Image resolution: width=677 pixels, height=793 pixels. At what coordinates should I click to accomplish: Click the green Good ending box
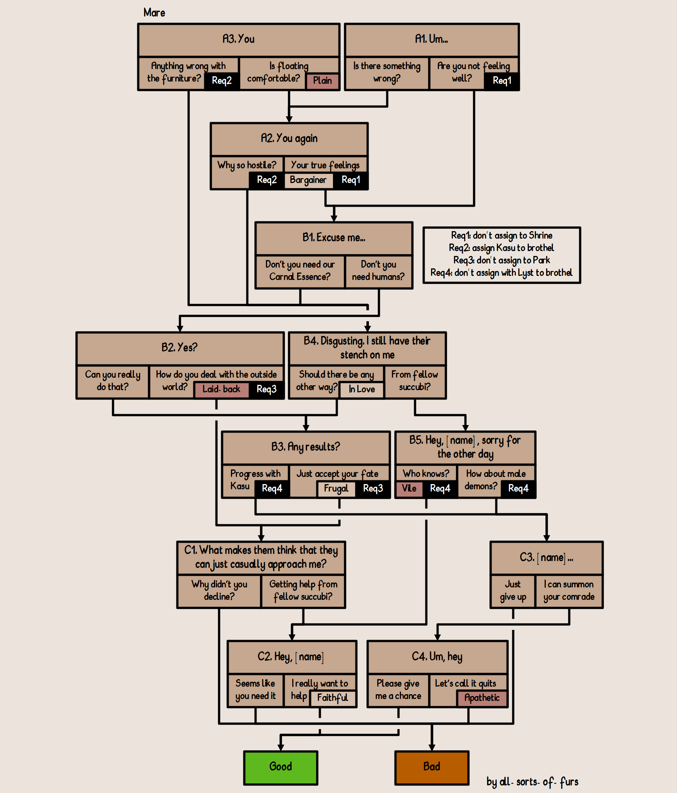[x=281, y=767]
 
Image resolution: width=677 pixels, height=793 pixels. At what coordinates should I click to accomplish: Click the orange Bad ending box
[x=431, y=767]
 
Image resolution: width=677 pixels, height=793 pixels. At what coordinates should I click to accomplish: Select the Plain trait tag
[x=322, y=81]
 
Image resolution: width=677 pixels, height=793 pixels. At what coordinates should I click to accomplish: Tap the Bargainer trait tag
[x=308, y=180]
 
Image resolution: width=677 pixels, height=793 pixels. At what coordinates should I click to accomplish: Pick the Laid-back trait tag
[x=221, y=389]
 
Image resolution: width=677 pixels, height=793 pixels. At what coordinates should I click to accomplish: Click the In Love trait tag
[x=361, y=389]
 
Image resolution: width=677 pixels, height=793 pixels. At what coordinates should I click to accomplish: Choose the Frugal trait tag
[x=336, y=488]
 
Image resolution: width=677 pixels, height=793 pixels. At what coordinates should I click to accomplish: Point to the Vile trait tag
[x=409, y=488]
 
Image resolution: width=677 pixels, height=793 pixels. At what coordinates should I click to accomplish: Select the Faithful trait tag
[x=332, y=698]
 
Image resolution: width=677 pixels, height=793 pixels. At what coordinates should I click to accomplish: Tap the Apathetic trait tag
[x=482, y=698]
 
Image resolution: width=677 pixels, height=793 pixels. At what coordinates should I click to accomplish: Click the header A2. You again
[x=289, y=139]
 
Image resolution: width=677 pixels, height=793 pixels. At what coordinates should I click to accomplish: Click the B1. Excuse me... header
[x=334, y=238]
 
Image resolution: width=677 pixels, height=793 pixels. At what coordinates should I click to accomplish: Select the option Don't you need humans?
[x=378, y=271]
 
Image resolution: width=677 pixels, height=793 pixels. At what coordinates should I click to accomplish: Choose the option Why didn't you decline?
[x=219, y=590]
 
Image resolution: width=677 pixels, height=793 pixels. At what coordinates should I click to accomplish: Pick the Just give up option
[x=513, y=590]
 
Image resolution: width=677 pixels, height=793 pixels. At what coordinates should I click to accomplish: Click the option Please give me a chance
[x=398, y=689]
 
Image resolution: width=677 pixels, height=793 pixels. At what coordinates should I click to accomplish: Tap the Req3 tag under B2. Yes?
[x=267, y=389]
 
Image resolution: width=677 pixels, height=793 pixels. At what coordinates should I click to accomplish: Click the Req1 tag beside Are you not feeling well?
[x=502, y=81]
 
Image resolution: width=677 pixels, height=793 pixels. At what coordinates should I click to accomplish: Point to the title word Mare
[x=154, y=13]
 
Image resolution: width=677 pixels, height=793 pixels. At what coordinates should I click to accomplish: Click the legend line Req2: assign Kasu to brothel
[x=501, y=248]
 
